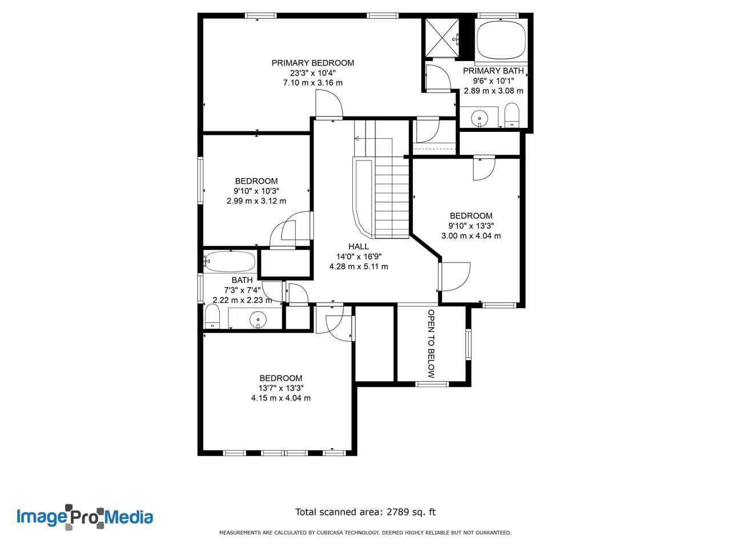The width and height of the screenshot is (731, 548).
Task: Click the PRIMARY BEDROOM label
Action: (x=312, y=63)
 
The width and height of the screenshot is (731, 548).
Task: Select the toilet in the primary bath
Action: (x=512, y=115)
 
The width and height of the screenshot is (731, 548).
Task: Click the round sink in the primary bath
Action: (x=480, y=118)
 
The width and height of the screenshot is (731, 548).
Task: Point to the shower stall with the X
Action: (x=443, y=37)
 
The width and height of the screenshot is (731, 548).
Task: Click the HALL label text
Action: (x=358, y=247)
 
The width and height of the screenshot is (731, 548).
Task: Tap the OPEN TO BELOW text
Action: (x=431, y=344)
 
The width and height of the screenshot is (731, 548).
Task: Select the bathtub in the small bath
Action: (x=230, y=261)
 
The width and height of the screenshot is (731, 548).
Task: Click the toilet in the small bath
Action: (x=212, y=316)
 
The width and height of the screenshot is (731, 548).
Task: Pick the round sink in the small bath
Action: (x=258, y=320)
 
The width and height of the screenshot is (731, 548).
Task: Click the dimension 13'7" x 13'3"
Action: (x=281, y=388)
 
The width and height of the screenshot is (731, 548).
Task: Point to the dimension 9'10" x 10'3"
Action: (x=256, y=191)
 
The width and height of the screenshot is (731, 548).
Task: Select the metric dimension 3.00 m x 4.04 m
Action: (x=471, y=236)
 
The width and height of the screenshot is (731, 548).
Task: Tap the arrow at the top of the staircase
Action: (x=357, y=138)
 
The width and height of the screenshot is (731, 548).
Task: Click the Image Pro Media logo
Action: (x=85, y=517)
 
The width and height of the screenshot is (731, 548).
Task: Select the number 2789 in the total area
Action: (x=398, y=511)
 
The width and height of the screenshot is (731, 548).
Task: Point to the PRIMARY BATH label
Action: (x=493, y=71)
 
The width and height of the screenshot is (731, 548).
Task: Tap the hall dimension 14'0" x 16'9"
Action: (x=359, y=256)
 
